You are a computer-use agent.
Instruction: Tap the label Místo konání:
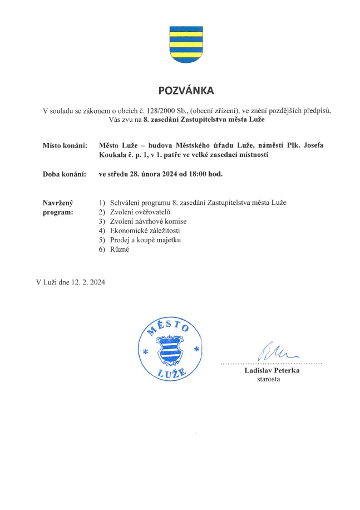pos(65,146)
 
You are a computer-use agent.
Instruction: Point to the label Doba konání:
pos(65,174)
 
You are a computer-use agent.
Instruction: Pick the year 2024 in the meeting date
pos(171,174)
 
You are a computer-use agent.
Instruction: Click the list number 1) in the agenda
pos(101,203)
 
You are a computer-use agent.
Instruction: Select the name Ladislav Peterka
pos(272,371)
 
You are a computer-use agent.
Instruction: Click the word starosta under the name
pos(268,380)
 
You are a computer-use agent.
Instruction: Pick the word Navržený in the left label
pos(57,203)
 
